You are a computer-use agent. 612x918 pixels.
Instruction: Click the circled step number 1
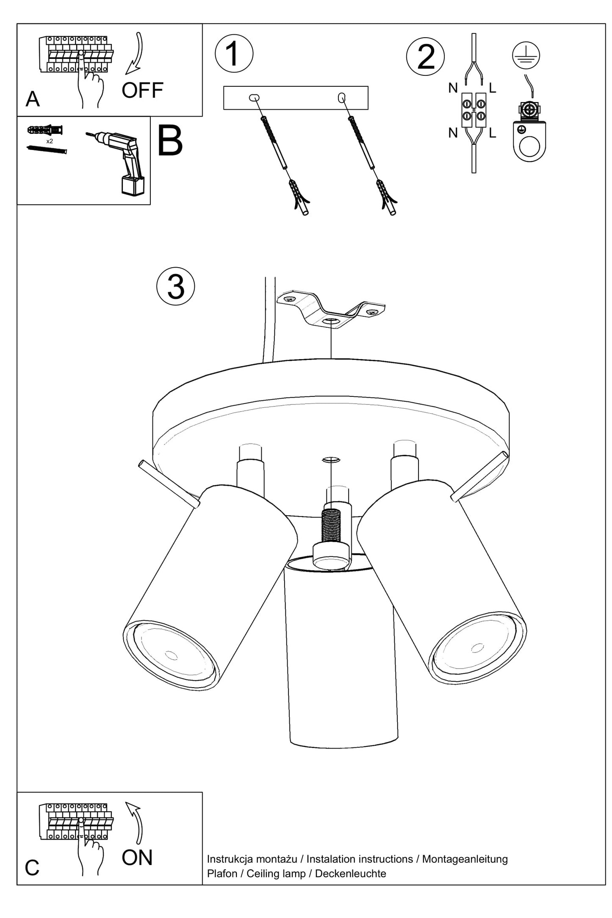(234, 53)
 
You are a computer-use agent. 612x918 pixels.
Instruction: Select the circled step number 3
(175, 286)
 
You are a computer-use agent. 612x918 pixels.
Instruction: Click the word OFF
(142, 90)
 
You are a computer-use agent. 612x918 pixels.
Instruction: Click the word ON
(137, 858)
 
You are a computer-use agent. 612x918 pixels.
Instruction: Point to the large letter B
(170, 141)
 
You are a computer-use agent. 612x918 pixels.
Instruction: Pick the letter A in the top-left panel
(33, 99)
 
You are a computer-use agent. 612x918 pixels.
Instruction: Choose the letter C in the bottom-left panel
(32, 868)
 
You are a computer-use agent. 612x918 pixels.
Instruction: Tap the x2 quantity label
(50, 141)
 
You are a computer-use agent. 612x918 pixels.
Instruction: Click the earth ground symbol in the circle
(526, 55)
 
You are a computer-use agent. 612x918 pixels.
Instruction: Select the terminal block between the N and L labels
(474, 110)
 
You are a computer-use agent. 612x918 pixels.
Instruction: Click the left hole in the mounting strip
(254, 98)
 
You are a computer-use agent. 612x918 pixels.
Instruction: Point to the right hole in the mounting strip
(342, 98)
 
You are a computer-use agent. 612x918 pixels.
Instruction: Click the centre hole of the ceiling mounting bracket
(331, 321)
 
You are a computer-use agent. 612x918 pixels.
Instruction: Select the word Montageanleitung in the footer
(465, 859)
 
